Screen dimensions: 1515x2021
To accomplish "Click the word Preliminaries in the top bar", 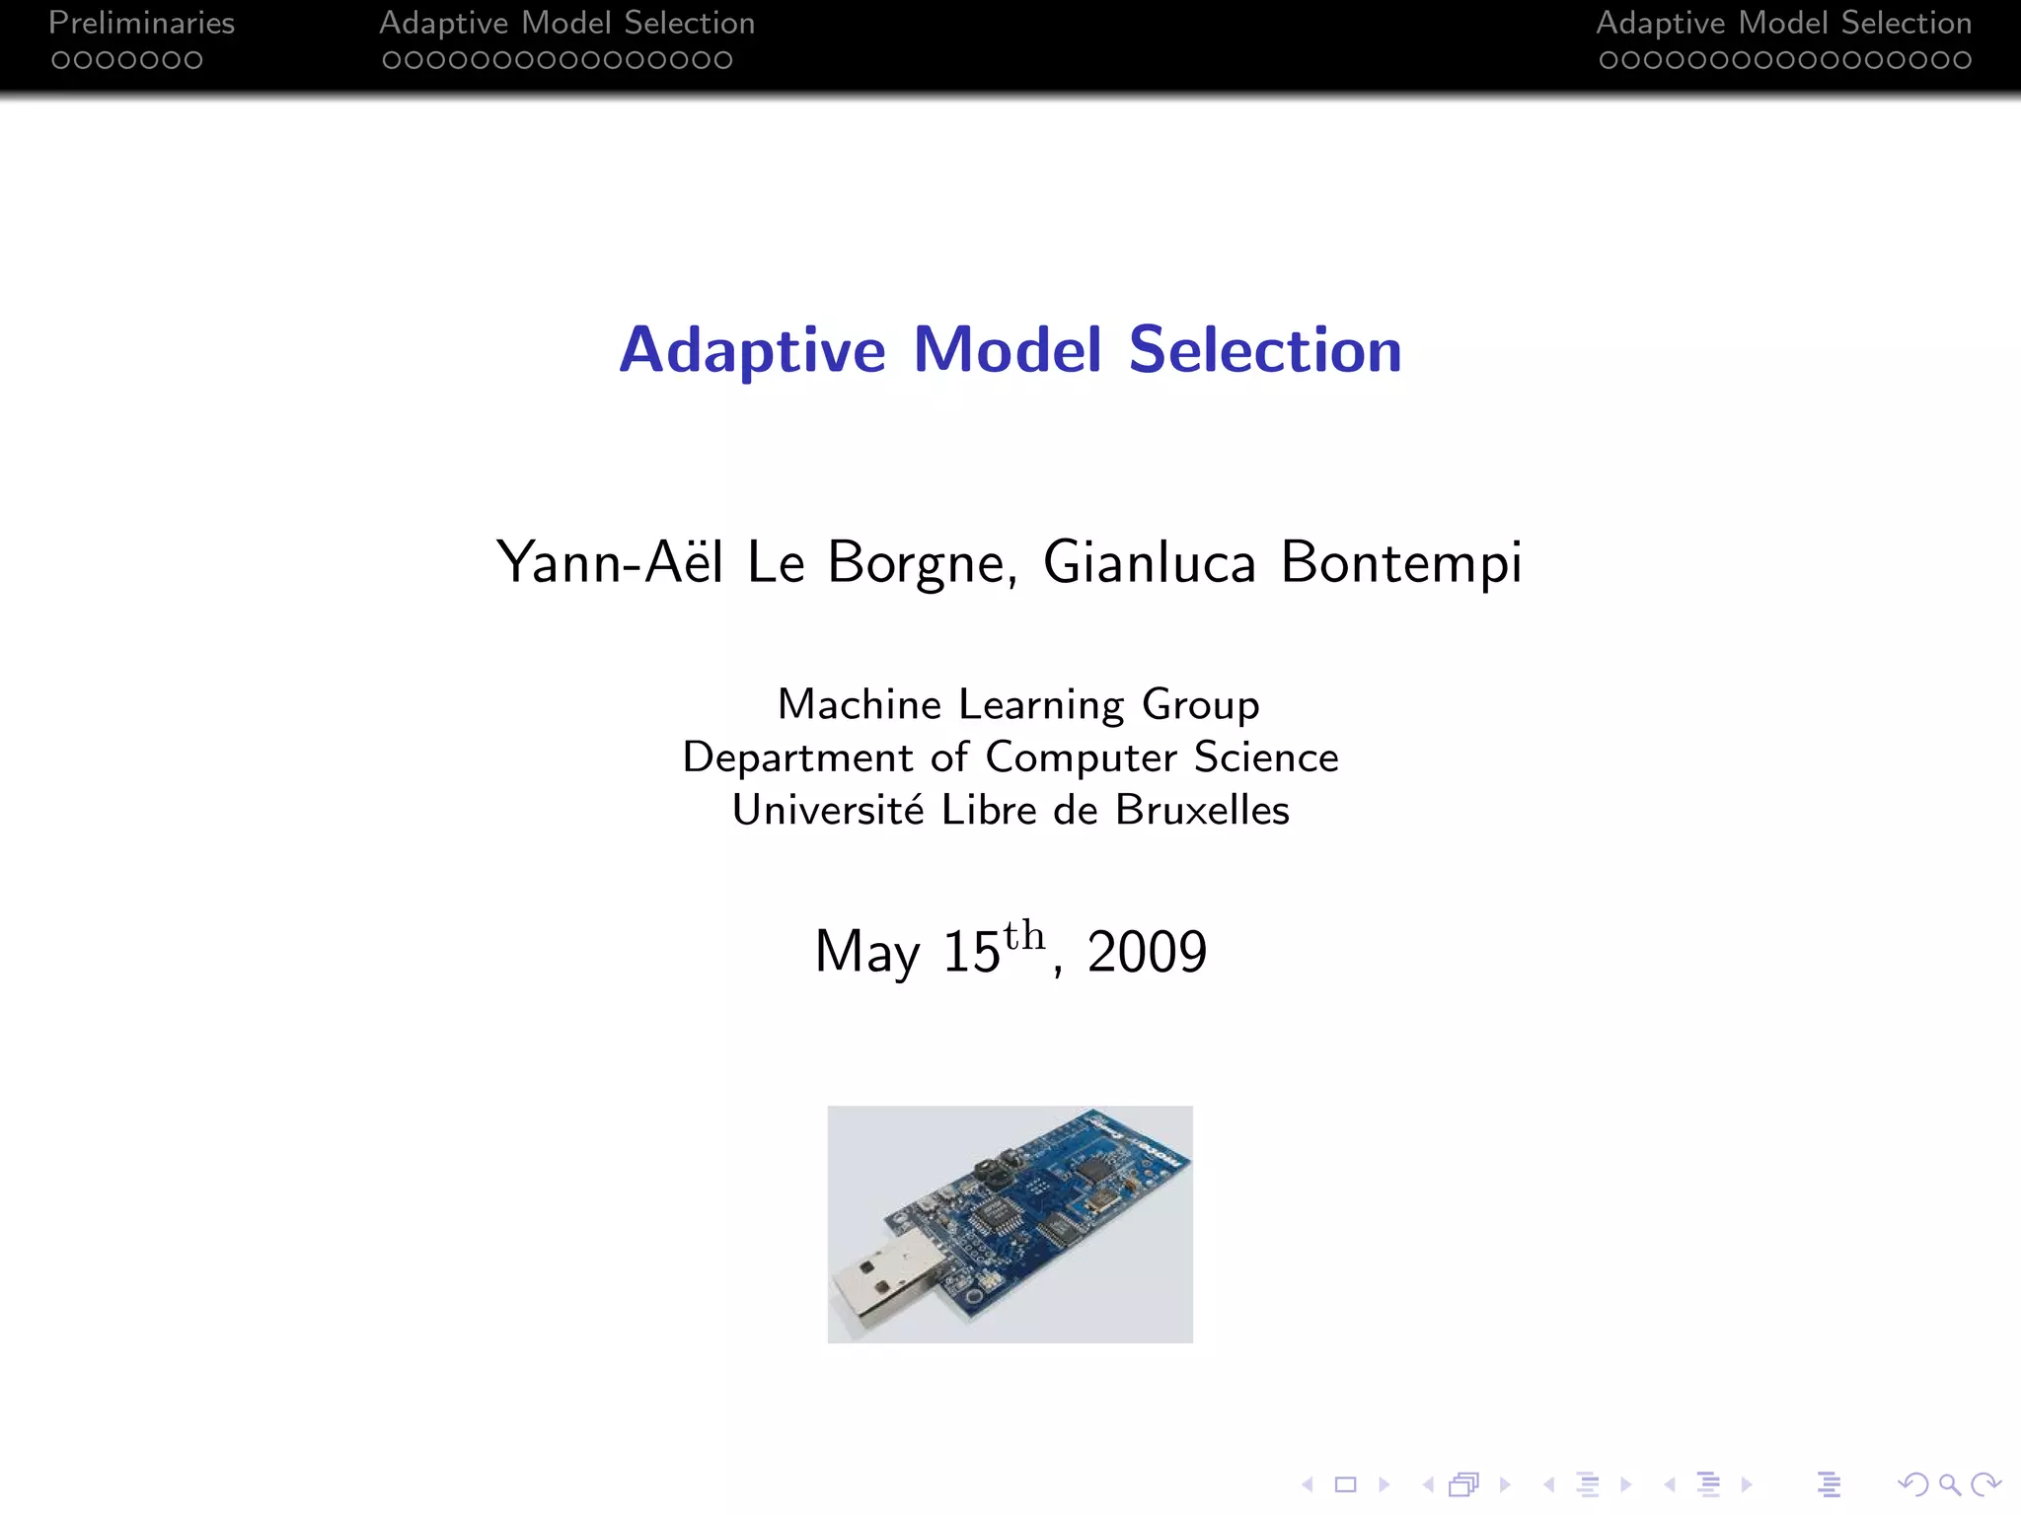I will (141, 23).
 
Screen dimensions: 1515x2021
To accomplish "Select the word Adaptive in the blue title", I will (752, 350).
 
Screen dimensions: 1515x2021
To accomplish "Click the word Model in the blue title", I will (1007, 350).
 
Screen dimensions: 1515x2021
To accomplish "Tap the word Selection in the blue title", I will (1264, 350).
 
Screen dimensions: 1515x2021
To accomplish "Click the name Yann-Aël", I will (609, 562).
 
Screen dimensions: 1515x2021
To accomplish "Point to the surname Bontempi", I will (1401, 562).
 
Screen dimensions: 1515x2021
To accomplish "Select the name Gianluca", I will (1149, 562).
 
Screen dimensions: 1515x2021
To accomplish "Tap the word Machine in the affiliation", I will (860, 704).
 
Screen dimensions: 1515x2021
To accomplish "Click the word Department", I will (797, 757).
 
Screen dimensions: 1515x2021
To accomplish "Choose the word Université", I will (828, 810).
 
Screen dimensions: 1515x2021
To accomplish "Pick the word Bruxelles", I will (1202, 810).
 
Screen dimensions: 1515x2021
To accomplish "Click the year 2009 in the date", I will (1147, 952).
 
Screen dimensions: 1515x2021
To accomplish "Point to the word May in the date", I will (866, 952).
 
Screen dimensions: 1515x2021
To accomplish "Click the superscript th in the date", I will (1023, 935).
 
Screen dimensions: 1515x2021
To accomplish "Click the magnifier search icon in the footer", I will (1949, 1483).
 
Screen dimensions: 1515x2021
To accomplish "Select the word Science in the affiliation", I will (1266, 757).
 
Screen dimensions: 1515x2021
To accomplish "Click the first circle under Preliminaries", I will (60, 60).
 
